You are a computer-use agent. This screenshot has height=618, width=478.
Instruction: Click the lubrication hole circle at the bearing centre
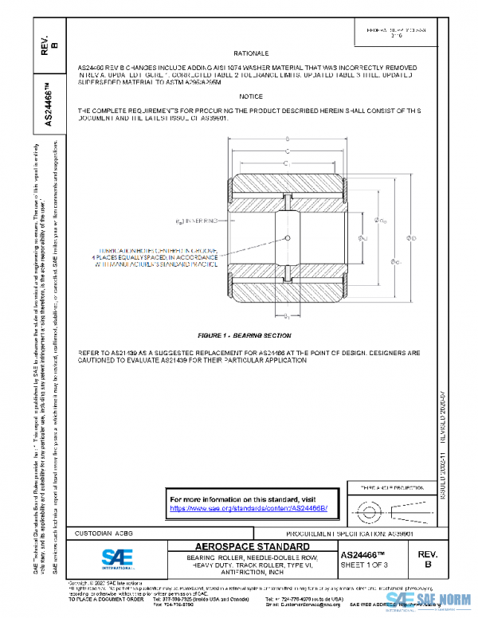[286, 237]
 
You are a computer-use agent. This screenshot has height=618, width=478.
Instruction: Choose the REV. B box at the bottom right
[427, 557]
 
